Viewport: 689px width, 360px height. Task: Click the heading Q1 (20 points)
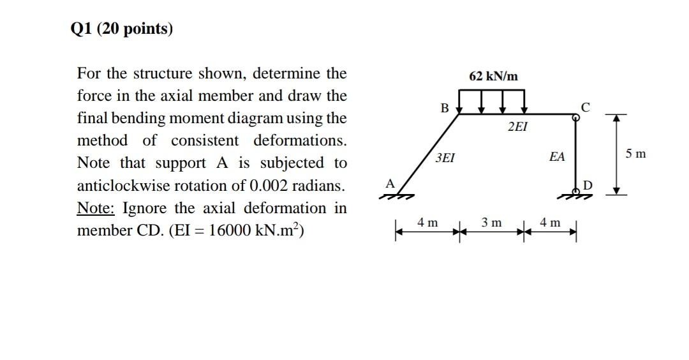pos(122,29)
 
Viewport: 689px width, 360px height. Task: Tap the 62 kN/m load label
pos(493,77)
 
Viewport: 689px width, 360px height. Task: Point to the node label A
pos(390,183)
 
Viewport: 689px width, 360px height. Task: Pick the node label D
pos(588,185)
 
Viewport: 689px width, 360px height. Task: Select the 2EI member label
pos(517,126)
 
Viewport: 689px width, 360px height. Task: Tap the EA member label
pos(557,156)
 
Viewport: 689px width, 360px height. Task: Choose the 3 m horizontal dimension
pos(491,223)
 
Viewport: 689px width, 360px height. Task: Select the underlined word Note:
pos(96,208)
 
